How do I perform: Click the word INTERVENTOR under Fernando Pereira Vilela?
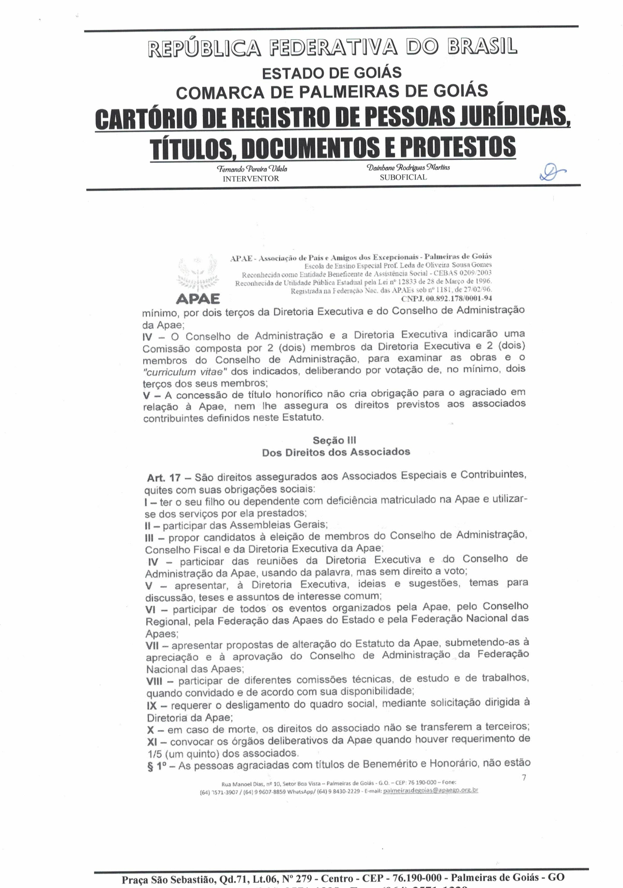click(251, 179)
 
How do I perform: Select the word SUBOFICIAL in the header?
click(403, 177)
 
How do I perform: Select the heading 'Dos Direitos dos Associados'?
click(336, 452)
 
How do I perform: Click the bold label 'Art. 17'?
click(164, 478)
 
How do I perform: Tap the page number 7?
click(524, 777)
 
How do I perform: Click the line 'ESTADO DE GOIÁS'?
click(331, 73)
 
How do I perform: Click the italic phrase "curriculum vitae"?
click(185, 372)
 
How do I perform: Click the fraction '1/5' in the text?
click(155, 754)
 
